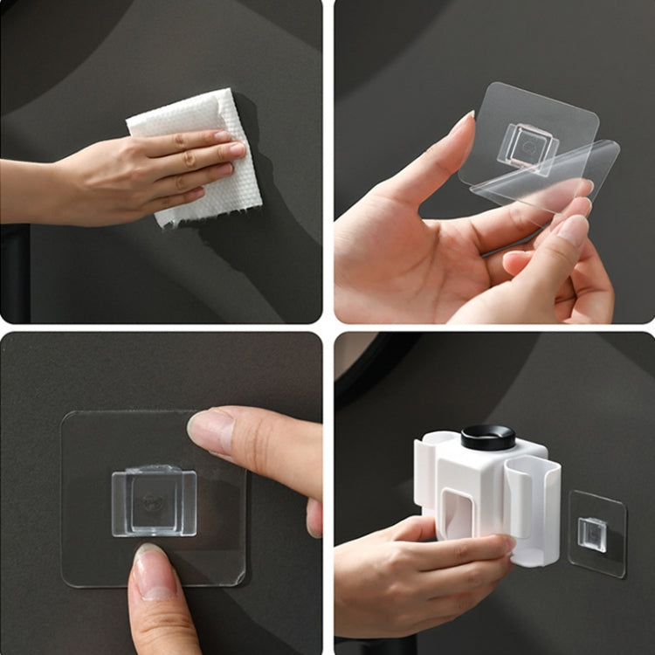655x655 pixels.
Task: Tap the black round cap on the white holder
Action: [488, 437]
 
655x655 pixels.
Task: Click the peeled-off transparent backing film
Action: [559, 179]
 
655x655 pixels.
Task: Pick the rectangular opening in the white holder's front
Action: [456, 516]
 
